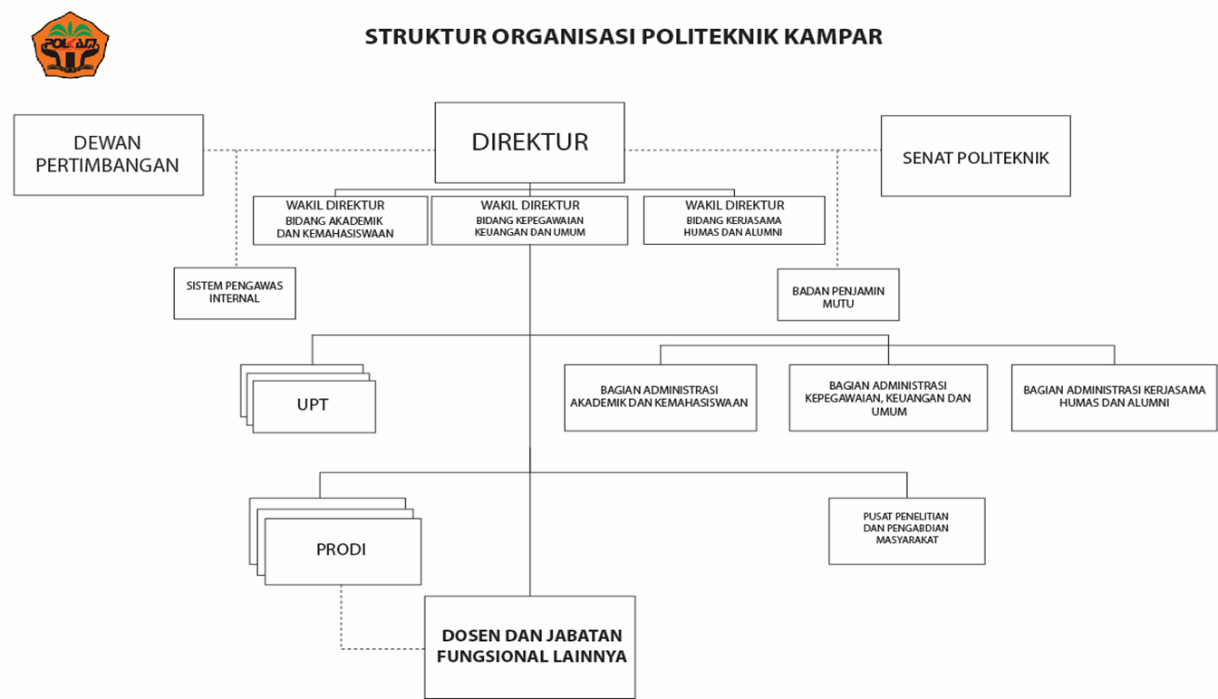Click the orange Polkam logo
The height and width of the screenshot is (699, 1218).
click(70, 44)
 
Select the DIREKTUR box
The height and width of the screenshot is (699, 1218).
click(529, 142)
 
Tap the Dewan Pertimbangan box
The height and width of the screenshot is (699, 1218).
click(109, 155)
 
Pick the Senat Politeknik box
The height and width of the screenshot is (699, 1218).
click(976, 156)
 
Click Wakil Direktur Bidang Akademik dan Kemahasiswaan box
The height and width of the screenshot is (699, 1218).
click(341, 220)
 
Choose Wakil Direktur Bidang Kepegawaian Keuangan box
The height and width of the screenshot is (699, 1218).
click(529, 220)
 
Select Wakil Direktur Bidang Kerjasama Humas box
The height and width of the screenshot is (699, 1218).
click(734, 220)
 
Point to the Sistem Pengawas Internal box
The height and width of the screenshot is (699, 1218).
click(235, 293)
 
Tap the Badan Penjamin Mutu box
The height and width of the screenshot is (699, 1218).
click(838, 295)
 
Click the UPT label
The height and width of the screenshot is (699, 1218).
click(313, 404)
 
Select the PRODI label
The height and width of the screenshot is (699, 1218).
click(341, 549)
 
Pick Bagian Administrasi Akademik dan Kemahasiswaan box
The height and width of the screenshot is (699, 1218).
click(660, 398)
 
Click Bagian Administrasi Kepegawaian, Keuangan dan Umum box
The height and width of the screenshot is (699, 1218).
click(888, 398)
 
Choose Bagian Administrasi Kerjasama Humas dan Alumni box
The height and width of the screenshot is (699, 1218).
click(1114, 398)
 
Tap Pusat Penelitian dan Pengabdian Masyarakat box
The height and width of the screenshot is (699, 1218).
click(907, 531)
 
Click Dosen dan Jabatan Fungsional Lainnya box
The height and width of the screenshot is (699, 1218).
click(529, 647)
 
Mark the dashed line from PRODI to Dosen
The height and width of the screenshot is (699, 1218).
click(342, 648)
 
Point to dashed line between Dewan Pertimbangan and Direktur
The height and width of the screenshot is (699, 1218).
click(319, 150)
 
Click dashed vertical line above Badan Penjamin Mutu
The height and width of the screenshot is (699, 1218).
click(837, 209)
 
